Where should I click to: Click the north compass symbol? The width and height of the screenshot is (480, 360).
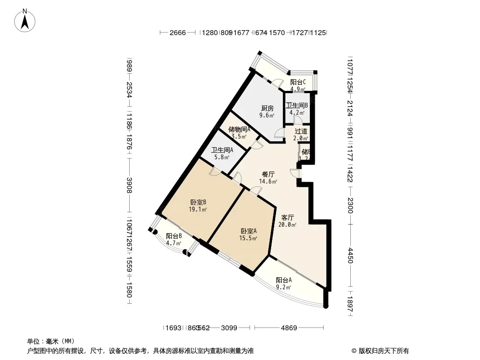tap(26, 20)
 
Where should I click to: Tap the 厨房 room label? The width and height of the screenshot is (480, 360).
tap(267, 108)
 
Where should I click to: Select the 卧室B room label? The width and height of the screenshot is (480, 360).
tap(198, 202)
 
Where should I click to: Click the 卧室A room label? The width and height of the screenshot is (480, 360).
tap(248, 231)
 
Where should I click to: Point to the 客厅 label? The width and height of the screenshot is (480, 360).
tap(288, 217)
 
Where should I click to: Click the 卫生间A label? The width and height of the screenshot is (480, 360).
tap(222, 150)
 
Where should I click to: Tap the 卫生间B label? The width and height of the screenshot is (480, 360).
tap(297, 106)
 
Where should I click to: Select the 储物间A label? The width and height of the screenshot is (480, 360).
tap(239, 129)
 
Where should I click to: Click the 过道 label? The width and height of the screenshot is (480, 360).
tap(301, 131)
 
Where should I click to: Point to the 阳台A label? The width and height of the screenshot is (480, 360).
tap(284, 280)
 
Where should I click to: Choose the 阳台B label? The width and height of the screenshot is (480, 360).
tap(174, 236)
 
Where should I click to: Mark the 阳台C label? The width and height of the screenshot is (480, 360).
tap(298, 82)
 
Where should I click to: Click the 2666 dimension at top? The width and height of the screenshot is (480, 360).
tap(177, 33)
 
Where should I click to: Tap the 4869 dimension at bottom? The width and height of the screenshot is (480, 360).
tap(289, 328)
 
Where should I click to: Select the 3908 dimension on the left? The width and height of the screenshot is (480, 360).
tap(129, 185)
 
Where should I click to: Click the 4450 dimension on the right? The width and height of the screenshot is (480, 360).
tap(351, 257)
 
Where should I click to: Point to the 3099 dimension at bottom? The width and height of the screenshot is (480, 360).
tap(229, 328)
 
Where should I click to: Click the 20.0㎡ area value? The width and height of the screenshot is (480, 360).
tap(288, 225)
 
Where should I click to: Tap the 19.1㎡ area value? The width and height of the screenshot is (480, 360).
tap(198, 209)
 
